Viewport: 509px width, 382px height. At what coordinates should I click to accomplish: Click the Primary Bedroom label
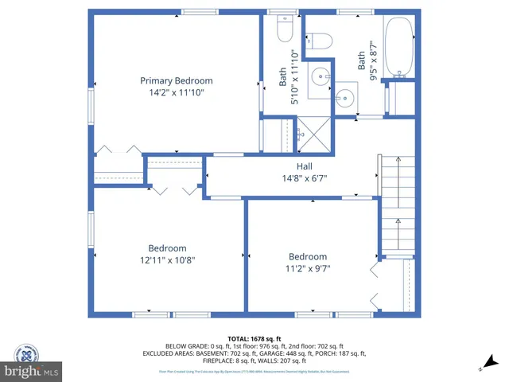point(177,80)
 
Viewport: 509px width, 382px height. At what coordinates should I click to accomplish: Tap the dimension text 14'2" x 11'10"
point(177,92)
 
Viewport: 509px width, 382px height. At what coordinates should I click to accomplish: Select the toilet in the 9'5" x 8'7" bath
point(321,41)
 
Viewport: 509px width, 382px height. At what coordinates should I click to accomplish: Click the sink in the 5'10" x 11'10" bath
point(321,78)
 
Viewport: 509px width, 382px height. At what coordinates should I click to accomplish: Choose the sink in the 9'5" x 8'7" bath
point(345,99)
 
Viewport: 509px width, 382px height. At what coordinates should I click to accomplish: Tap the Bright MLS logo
point(31,362)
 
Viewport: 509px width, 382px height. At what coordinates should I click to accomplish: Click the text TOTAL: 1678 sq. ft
point(254,338)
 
